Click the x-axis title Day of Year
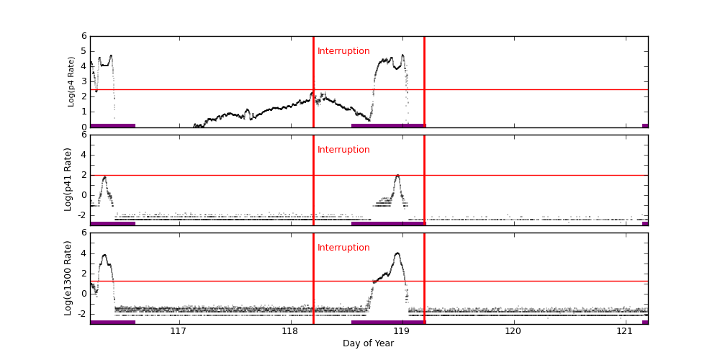tap(368, 343)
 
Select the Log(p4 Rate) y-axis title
tap(71, 81)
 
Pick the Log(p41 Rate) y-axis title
tap(68, 179)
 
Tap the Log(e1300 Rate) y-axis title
tap(68, 278)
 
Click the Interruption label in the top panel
tap(343, 51)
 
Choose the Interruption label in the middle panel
tap(343, 150)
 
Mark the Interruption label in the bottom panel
tap(343, 248)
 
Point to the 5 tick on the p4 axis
tap(84, 51)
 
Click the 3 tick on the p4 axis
tap(84, 81)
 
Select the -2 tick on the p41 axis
tap(81, 215)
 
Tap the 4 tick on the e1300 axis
tap(84, 253)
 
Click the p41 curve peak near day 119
tap(397, 175)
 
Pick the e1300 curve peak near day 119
tap(397, 253)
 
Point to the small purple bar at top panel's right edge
tap(644, 125)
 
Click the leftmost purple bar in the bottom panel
tap(112, 322)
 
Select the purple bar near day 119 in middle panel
tap(388, 223)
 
